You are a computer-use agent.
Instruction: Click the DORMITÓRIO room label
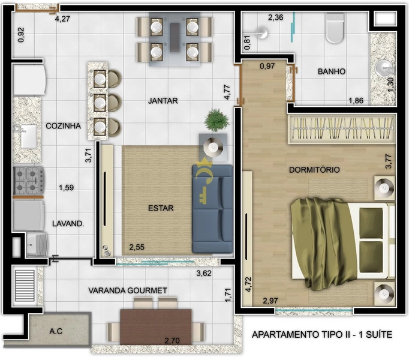point(314,170)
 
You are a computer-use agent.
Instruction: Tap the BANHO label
point(331,71)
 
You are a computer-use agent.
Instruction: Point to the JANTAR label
point(163,101)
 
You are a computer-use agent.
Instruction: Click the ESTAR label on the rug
point(160,209)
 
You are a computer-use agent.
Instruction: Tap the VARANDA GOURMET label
point(127,290)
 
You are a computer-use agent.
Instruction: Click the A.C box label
point(58,331)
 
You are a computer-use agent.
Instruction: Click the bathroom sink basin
point(382,68)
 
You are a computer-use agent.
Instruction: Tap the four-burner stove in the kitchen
point(29,180)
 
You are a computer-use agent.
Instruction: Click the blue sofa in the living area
point(212,208)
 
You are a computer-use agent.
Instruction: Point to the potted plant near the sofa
point(216,119)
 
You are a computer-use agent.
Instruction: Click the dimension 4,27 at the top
point(62,19)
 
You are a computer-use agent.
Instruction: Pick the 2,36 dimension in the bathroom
point(275,17)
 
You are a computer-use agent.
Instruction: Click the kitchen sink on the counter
point(28,137)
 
